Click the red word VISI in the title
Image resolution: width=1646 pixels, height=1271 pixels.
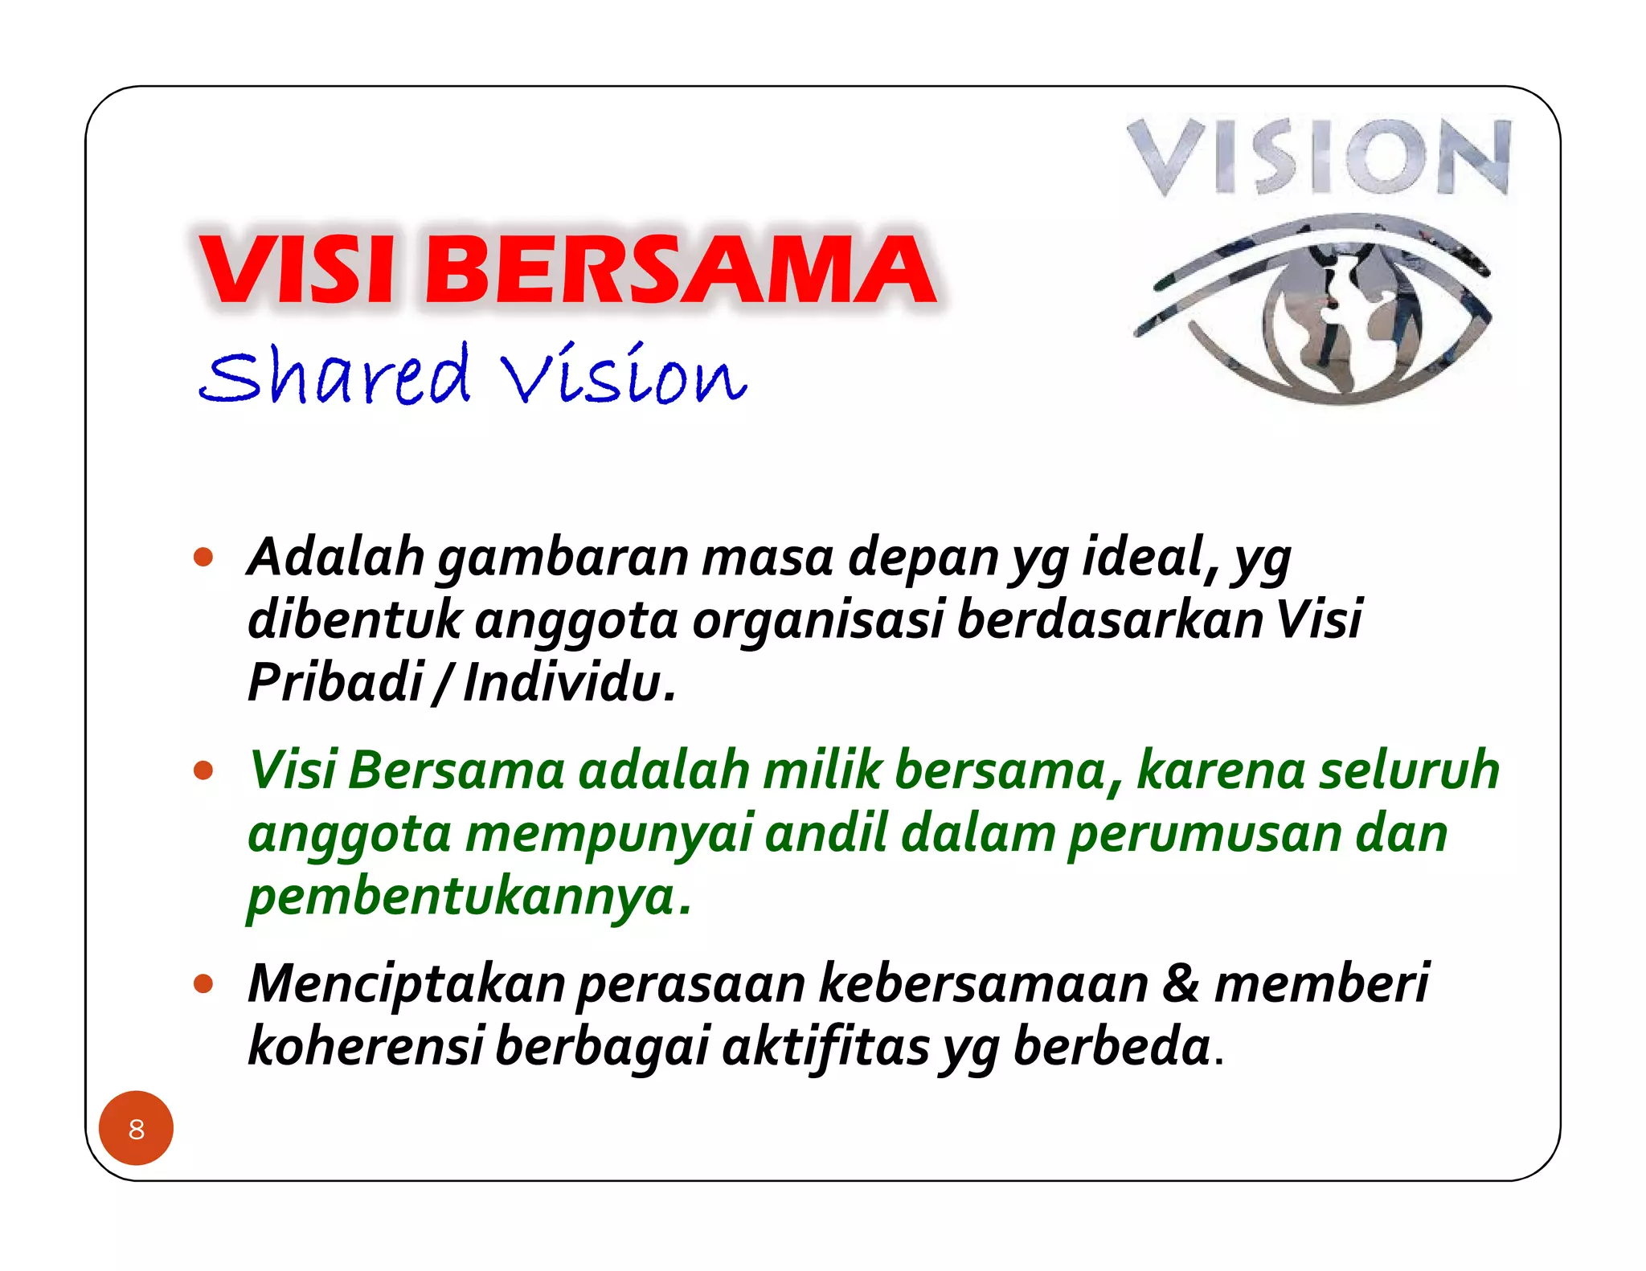pyautogui.click(x=297, y=270)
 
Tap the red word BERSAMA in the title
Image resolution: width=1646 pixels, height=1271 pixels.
pyautogui.click(x=679, y=270)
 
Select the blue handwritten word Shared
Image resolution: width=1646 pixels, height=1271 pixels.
pyautogui.click(x=334, y=376)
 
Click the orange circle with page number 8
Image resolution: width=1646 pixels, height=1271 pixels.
pyautogui.click(x=136, y=1128)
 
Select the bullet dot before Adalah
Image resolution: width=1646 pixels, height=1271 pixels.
pyautogui.click(x=204, y=557)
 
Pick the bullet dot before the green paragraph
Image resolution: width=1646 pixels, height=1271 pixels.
pyautogui.click(x=204, y=770)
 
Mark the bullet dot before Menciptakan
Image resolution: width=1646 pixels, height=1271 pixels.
pyautogui.click(x=204, y=983)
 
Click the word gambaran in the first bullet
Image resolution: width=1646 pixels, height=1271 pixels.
pyautogui.click(x=563, y=558)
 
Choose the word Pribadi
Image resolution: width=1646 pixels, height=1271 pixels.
pyautogui.click(x=335, y=682)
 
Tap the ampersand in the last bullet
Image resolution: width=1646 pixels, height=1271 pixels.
pyautogui.click(x=1181, y=983)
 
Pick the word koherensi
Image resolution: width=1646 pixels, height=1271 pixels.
pyautogui.click(x=365, y=1046)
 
